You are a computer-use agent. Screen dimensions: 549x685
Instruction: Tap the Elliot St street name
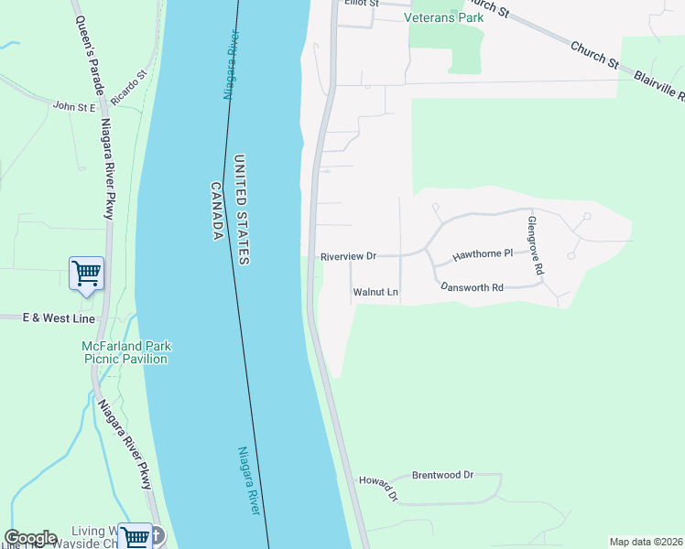361,4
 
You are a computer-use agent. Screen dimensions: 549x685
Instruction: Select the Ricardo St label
128,87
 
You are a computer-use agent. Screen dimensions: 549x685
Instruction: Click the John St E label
74,107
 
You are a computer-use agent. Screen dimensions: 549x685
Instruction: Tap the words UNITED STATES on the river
242,210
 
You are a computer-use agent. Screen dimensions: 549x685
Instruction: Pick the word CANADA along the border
218,211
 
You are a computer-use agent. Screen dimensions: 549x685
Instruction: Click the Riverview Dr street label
348,257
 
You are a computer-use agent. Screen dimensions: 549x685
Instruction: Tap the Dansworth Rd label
472,287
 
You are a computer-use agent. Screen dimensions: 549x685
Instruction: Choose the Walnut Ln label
375,293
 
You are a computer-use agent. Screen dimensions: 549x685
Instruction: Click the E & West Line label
48,318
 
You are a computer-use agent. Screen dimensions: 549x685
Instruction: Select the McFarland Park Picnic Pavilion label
126,352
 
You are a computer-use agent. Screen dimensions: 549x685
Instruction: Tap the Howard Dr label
379,486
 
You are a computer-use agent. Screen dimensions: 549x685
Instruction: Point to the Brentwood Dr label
442,475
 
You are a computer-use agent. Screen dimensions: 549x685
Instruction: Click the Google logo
30,538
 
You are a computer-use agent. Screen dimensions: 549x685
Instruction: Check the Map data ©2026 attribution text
646,542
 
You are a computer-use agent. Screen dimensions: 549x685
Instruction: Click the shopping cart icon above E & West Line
86,273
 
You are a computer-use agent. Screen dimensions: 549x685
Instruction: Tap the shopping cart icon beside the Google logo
135,536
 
